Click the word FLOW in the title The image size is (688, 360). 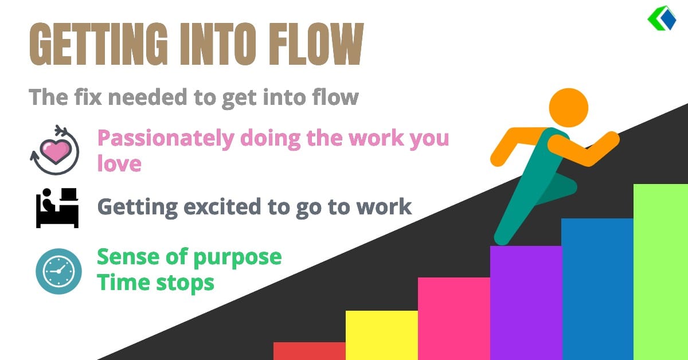pos(316,44)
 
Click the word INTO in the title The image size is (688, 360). pos(218,44)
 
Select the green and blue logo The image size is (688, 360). pos(662,18)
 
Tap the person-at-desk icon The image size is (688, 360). pos(57,208)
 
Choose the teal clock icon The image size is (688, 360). pos(58,271)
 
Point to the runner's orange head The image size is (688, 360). pos(569,108)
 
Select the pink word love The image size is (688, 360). pos(119,163)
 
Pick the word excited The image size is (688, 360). pos(222,206)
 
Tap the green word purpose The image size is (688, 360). pos(237,258)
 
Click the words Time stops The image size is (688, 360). pos(155,283)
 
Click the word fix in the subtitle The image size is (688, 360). pos(88,97)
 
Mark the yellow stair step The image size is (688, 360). pos(382,335)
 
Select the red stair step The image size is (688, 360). pos(310,351)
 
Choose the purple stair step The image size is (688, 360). pos(526,303)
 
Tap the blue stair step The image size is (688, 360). pos(597,289)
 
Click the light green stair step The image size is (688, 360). pos(660,272)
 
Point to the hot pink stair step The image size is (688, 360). pos(454,319)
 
